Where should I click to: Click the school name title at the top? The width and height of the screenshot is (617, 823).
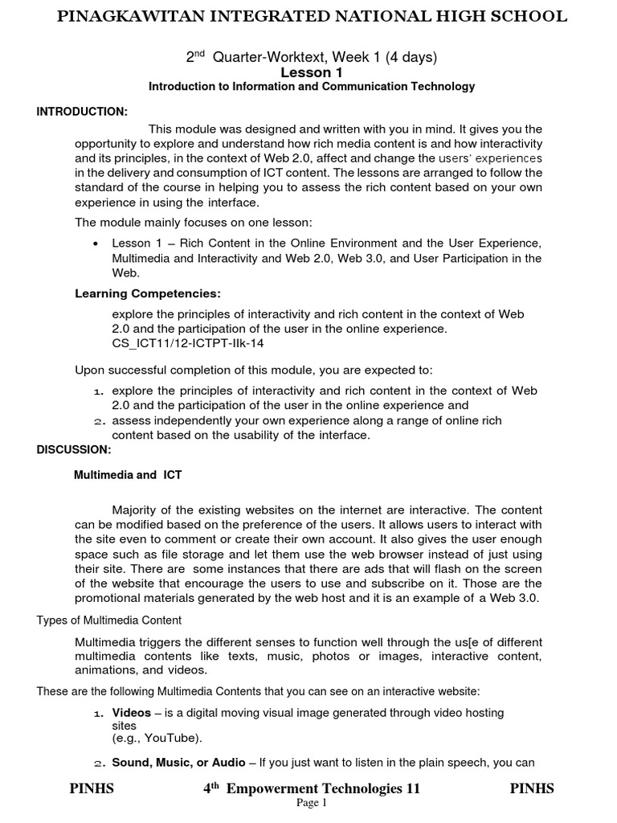pos(312,16)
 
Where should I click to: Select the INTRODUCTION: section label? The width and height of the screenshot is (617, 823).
pos(82,111)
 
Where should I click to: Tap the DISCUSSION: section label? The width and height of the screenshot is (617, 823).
pos(74,449)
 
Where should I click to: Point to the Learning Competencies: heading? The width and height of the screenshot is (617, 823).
pos(148,293)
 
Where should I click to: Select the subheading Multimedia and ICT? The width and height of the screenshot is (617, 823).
pos(128,475)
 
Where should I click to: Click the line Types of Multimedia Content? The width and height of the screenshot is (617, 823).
pos(109,620)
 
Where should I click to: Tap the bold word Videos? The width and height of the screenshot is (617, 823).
pos(131,713)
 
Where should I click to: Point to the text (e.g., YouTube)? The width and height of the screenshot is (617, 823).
pos(157,738)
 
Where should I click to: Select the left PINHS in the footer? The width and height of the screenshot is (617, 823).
pos(92,788)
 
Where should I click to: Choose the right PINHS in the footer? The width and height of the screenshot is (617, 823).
pos(532,788)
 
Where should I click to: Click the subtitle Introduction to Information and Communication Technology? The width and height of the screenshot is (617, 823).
pos(312,87)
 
